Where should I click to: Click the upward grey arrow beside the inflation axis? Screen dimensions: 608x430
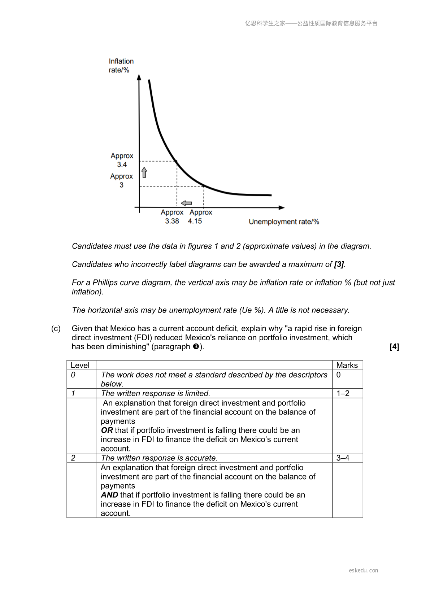(144, 172)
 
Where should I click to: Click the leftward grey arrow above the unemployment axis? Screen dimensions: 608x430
(186, 203)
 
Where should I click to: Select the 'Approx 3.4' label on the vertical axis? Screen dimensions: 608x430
(122, 160)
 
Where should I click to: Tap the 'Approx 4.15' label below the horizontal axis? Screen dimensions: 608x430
(200, 217)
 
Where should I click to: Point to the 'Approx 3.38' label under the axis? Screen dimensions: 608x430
(172, 217)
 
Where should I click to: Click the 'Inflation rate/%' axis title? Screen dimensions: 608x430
(121, 66)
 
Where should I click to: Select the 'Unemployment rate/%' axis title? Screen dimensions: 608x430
(284, 222)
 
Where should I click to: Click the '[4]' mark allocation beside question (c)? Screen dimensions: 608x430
(394, 347)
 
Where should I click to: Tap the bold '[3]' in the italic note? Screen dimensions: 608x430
(339, 264)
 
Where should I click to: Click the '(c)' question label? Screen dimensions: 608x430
(56, 329)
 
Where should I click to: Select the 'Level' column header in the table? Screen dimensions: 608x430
(80, 365)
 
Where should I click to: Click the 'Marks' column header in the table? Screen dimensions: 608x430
(347, 365)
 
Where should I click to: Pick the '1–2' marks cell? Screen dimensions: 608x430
(343, 393)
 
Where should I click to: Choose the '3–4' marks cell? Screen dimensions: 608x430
(343, 458)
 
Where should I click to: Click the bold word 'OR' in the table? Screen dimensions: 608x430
(107, 430)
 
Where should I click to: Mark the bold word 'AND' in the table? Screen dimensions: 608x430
(109, 495)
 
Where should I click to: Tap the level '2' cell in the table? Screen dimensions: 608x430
(73, 458)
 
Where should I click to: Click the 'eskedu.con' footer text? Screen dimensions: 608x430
(363, 570)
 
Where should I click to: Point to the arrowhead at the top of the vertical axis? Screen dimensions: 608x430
(139, 77)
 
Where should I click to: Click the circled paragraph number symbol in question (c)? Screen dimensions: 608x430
(196, 347)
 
